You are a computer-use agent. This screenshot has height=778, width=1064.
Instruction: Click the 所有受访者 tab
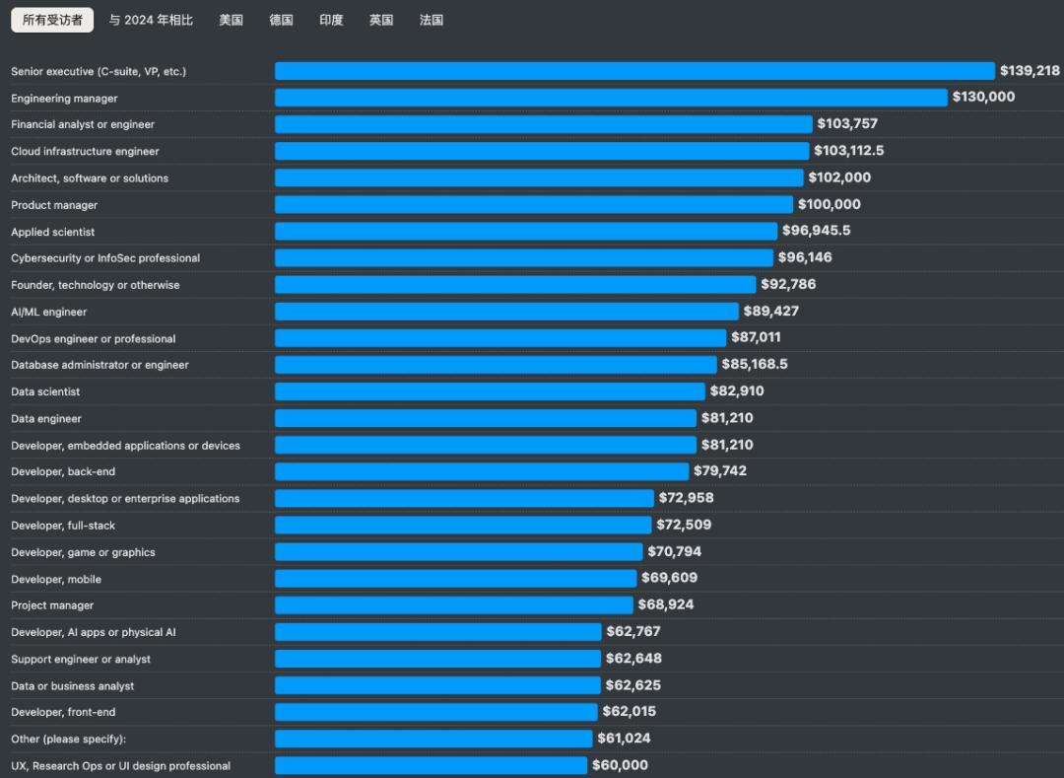coord(52,20)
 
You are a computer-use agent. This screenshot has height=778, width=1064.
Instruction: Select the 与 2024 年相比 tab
coord(151,20)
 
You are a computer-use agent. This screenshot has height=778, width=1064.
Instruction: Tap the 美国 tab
coord(231,20)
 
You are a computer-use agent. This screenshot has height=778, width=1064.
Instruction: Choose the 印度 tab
coord(331,20)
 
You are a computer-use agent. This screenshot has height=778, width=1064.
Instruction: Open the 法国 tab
coord(431,20)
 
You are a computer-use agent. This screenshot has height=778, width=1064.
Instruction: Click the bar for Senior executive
coord(634,71)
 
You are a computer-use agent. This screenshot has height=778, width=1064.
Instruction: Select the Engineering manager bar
coord(611,98)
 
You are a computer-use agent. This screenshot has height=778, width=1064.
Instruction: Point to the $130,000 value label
coord(983,97)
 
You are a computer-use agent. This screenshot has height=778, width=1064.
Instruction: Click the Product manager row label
coord(54,205)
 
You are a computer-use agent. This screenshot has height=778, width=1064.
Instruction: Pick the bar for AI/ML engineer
coord(506,312)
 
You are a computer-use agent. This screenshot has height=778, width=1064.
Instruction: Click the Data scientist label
coord(45,391)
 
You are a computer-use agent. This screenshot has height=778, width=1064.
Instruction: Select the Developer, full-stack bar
coord(463,525)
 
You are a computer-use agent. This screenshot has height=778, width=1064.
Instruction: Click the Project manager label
coord(52,605)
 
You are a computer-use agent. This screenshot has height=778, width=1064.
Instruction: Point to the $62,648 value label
coord(633,658)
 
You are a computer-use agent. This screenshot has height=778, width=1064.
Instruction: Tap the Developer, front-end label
coord(63,712)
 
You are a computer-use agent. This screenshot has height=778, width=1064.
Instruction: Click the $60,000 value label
coord(620,765)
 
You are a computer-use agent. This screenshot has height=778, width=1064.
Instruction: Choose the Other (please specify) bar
coord(433,739)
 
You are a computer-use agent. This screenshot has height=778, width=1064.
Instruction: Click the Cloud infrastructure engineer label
coord(85,151)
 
